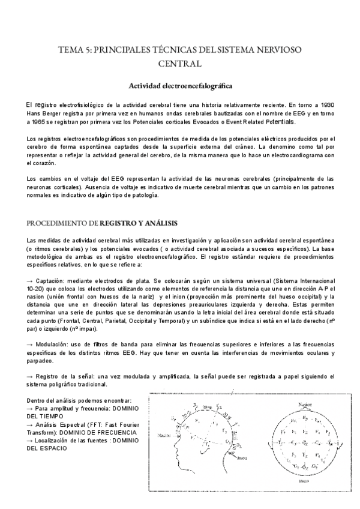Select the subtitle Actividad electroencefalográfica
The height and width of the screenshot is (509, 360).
(x=180, y=86)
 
